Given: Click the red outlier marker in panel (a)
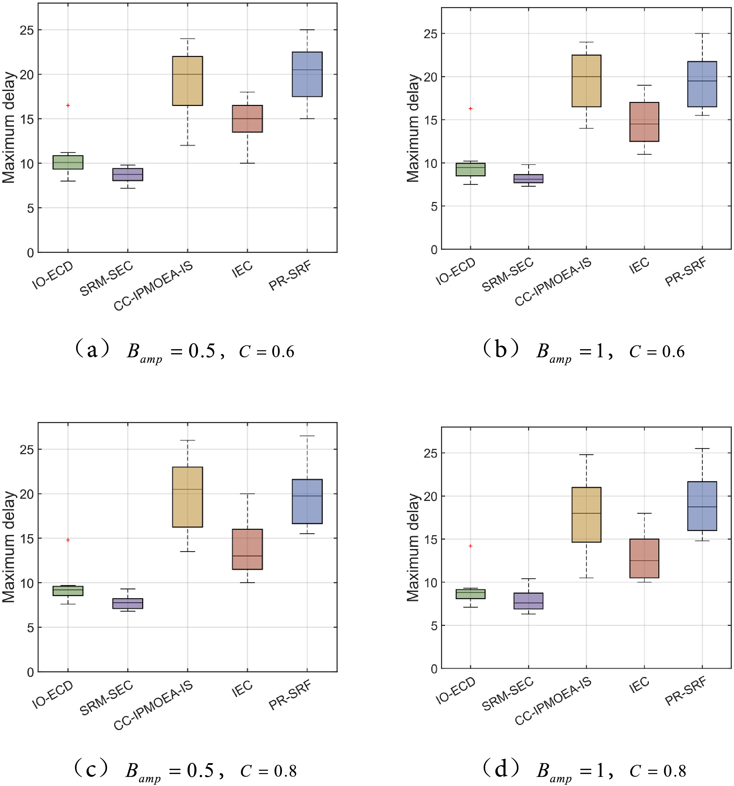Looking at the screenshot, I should coord(68,105).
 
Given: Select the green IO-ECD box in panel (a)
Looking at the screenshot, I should coord(68,162).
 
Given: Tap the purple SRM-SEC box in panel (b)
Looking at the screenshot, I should coord(528,178).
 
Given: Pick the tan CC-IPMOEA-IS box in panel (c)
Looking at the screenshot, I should coord(188,497).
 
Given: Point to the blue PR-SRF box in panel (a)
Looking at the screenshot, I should coord(307,74).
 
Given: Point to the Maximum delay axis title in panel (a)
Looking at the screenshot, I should coord(9,127).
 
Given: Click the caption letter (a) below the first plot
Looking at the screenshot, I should coord(92,350).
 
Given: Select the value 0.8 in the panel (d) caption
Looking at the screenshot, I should coord(675,771).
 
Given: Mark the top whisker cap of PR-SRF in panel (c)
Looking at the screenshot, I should coord(307,436).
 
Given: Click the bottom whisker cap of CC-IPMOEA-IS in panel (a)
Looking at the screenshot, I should coord(188,146).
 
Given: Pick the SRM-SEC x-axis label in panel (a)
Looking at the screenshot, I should coord(107,278).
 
